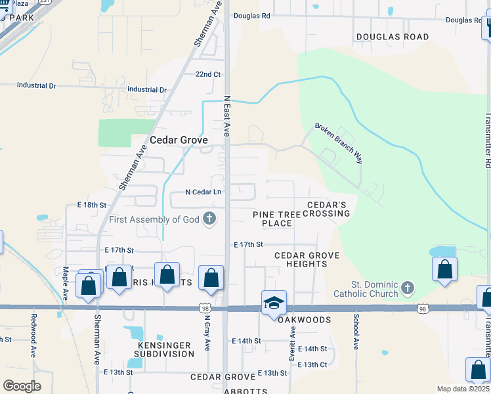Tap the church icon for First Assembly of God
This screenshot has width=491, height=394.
click(x=209, y=219)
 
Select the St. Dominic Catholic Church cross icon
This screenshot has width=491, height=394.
click(x=408, y=288)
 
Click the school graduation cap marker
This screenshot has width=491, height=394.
click(x=274, y=303)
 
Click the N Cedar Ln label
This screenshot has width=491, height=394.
click(x=203, y=192)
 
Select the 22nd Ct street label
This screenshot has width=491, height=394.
click(x=207, y=74)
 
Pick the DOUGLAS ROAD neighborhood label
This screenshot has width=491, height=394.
click(x=392, y=37)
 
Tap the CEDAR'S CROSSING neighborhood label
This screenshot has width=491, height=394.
click(x=329, y=209)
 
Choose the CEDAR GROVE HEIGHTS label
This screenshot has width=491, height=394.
click(x=307, y=259)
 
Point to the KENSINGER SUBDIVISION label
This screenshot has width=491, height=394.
click(x=166, y=349)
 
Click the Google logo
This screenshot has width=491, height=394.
click(x=22, y=385)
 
